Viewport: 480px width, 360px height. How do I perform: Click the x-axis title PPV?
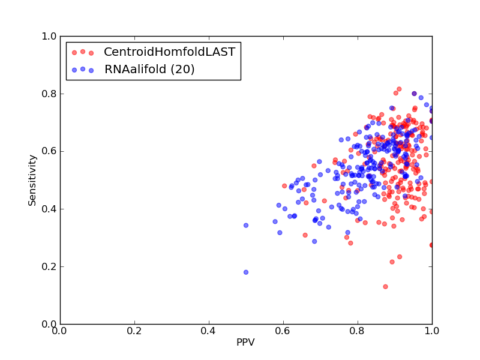pyautogui.click(x=245, y=342)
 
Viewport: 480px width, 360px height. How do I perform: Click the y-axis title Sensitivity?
pyautogui.click(x=32, y=181)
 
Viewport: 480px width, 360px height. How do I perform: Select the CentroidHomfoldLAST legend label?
pyautogui.click(x=170, y=52)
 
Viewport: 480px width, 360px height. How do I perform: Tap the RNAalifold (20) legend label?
pyautogui.click(x=149, y=69)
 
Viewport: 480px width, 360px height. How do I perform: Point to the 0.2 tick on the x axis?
pyautogui.click(x=134, y=331)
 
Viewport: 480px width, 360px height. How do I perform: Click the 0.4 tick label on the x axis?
pyautogui.click(x=209, y=331)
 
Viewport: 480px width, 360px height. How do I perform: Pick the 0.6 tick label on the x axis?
pyautogui.click(x=283, y=331)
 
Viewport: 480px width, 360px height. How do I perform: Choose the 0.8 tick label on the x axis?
pyautogui.click(x=358, y=331)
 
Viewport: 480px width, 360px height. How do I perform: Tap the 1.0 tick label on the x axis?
pyautogui.click(x=432, y=331)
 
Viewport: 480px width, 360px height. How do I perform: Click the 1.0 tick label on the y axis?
pyautogui.click(x=49, y=36)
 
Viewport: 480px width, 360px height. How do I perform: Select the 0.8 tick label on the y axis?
pyautogui.click(x=49, y=94)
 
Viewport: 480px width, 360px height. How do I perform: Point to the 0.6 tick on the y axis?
pyautogui.click(x=49, y=151)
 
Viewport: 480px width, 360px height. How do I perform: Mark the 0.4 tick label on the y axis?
pyautogui.click(x=49, y=209)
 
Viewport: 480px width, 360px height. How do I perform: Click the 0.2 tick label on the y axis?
pyautogui.click(x=49, y=266)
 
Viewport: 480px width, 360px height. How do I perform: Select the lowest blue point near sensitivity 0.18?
pyautogui.click(x=246, y=272)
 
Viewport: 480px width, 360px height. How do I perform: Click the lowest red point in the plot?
pyautogui.click(x=385, y=287)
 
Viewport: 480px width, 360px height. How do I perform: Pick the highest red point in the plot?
pyautogui.click(x=399, y=89)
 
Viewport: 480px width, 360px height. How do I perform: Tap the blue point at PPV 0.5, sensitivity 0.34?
pyautogui.click(x=246, y=226)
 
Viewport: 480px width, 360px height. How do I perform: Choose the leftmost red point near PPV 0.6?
pyautogui.click(x=284, y=186)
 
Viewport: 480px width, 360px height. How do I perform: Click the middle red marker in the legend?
pyautogui.click(x=83, y=52)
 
